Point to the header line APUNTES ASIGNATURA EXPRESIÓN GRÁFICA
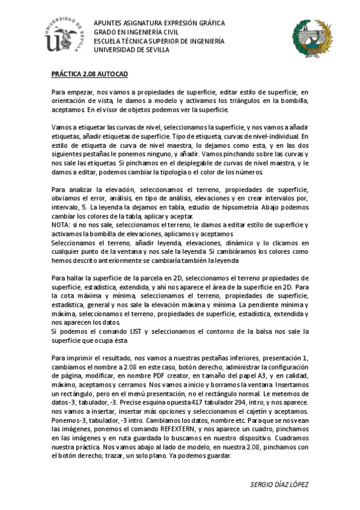click(159, 23)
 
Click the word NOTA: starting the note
click(62, 225)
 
